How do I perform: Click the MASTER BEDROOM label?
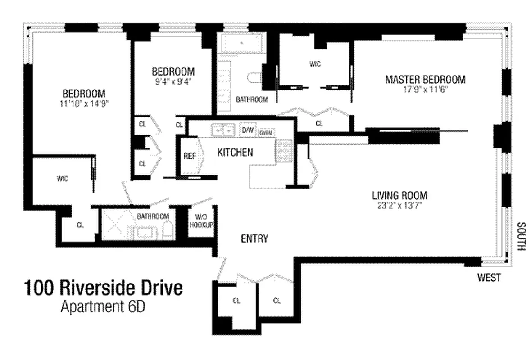point(425,80)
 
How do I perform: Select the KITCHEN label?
point(235,153)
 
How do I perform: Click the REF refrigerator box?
point(189,156)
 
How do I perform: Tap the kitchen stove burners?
point(284,151)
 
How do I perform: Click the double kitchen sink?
point(223,130)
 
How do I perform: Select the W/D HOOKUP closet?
point(201,221)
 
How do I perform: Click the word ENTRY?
point(254,238)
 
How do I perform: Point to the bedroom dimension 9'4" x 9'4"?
point(173,82)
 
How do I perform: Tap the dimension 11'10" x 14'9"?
point(84,103)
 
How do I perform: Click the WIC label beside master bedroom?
point(315,64)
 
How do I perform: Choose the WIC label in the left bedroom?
point(62,179)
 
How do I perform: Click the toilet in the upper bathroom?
point(254,78)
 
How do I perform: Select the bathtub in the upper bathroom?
point(242,44)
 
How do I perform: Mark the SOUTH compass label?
point(521,237)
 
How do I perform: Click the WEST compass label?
point(489,278)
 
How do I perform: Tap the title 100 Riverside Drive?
point(104,288)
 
